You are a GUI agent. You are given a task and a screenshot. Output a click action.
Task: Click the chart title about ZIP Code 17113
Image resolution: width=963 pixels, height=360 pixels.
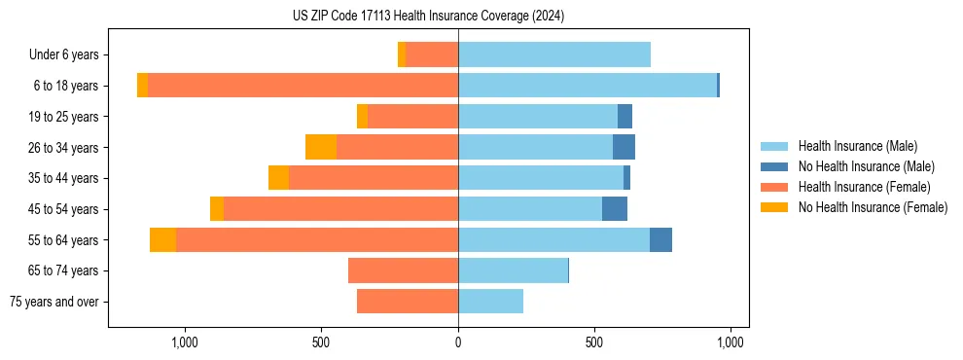pyautogui.click(x=428, y=16)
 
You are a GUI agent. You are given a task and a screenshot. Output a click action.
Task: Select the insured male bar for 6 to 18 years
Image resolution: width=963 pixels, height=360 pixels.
pyautogui.click(x=588, y=86)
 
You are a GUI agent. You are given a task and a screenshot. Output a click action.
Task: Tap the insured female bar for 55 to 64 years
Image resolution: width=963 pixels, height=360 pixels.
pyautogui.click(x=317, y=240)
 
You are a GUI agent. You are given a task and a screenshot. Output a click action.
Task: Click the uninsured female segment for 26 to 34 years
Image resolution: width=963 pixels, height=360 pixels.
pyautogui.click(x=321, y=147)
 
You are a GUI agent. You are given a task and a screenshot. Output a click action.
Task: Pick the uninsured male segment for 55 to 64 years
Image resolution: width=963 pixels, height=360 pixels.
pyautogui.click(x=660, y=240)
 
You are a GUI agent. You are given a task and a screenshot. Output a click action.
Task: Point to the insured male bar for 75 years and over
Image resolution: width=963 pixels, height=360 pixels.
pyautogui.click(x=491, y=302)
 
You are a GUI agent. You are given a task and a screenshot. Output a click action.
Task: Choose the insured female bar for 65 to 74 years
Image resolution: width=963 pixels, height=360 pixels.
pyautogui.click(x=404, y=270)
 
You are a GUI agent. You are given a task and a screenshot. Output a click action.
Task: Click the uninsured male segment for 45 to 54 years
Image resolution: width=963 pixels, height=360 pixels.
pyautogui.click(x=615, y=209)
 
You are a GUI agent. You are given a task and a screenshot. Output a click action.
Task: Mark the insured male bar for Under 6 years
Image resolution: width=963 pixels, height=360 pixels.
pyautogui.click(x=554, y=54)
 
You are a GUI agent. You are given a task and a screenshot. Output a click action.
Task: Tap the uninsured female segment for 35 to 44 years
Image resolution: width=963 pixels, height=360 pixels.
pyautogui.click(x=279, y=178)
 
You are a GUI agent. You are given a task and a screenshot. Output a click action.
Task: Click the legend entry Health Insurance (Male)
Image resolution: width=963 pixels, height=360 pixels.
pyautogui.click(x=856, y=146)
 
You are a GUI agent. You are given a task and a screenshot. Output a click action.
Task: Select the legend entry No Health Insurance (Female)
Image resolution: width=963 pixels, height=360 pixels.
pyautogui.click(x=872, y=207)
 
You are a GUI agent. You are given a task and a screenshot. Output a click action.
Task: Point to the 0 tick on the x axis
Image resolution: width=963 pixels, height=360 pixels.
pyautogui.click(x=458, y=342)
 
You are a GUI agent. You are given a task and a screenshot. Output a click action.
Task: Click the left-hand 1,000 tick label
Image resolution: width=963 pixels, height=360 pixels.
pyautogui.click(x=185, y=342)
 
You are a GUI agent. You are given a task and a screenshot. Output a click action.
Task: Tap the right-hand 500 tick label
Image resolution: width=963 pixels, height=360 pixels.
pyautogui.click(x=594, y=342)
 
